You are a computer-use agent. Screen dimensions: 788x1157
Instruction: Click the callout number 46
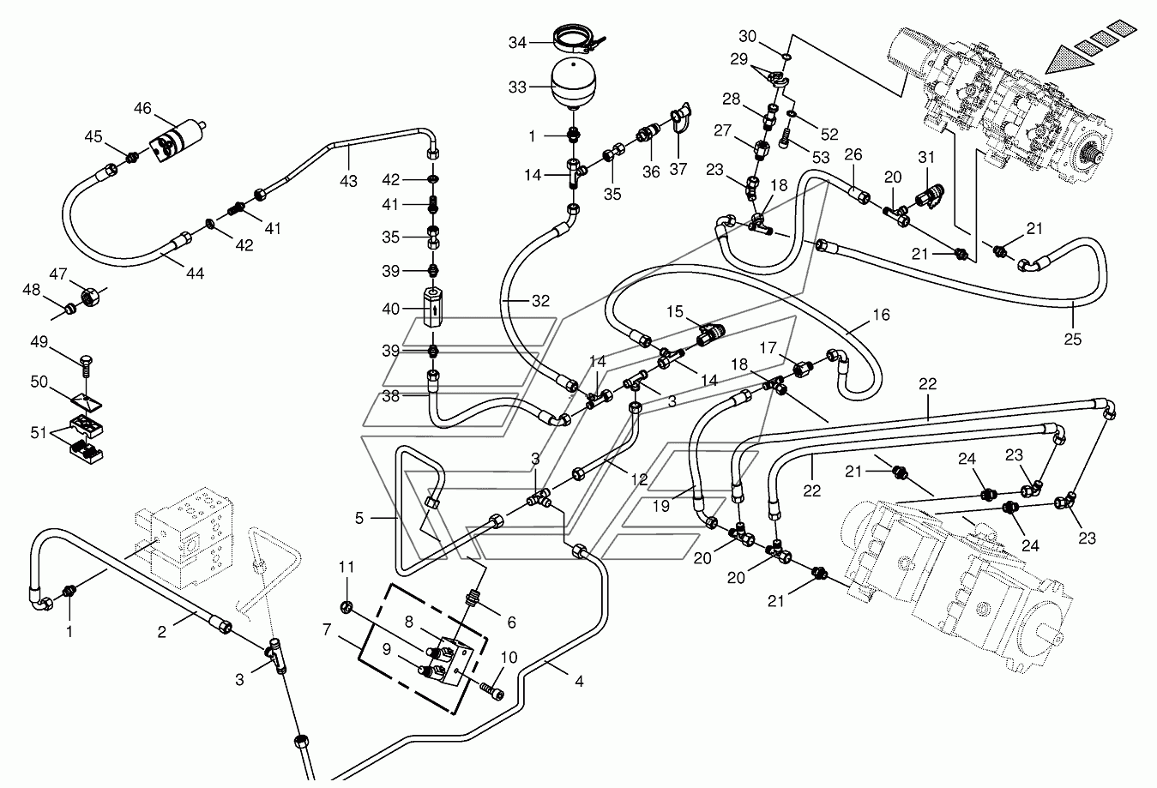coord(142,108)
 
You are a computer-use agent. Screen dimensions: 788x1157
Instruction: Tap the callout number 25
coord(1074,340)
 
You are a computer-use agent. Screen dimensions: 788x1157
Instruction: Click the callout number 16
coord(882,315)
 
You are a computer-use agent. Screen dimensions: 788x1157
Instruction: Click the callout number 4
coord(579,683)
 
